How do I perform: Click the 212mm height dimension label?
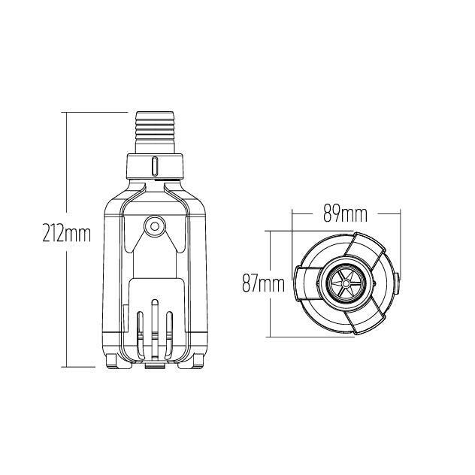pos(67,233)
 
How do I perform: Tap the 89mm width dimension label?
pos(345,214)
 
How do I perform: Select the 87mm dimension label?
pos(263,284)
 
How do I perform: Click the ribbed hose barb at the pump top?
pos(155,133)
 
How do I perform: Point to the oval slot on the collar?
pos(155,166)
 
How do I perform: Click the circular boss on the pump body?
pos(155,226)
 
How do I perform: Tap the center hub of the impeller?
pos(345,283)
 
